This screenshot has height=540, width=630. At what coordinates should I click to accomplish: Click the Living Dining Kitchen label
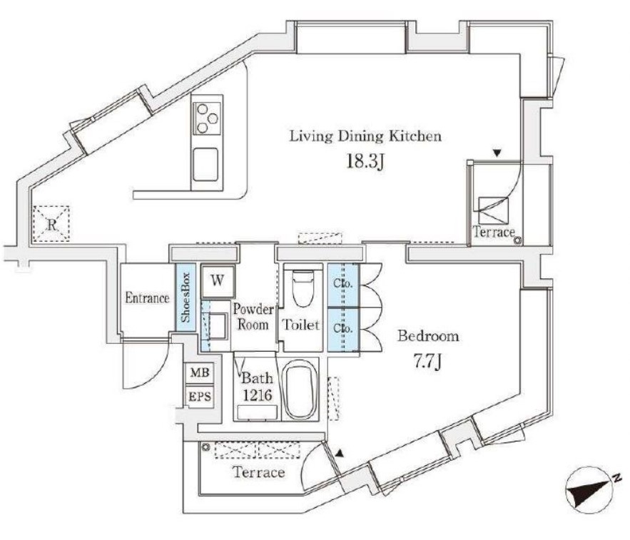[365, 136]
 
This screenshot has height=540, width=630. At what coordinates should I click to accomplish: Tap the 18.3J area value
[365, 161]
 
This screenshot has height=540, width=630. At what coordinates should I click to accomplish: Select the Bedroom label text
[428, 336]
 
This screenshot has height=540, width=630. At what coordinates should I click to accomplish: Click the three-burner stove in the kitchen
[206, 118]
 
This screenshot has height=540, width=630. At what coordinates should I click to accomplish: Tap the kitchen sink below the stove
[206, 164]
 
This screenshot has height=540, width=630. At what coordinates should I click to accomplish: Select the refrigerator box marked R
[52, 223]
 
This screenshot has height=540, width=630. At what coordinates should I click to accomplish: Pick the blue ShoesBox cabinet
[185, 297]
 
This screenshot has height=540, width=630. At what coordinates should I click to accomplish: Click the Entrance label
[147, 298]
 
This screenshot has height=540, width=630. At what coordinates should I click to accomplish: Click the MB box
[198, 372]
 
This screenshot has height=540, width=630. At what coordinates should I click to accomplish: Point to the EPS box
[198, 397]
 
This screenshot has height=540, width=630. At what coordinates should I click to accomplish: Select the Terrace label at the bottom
[258, 472]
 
